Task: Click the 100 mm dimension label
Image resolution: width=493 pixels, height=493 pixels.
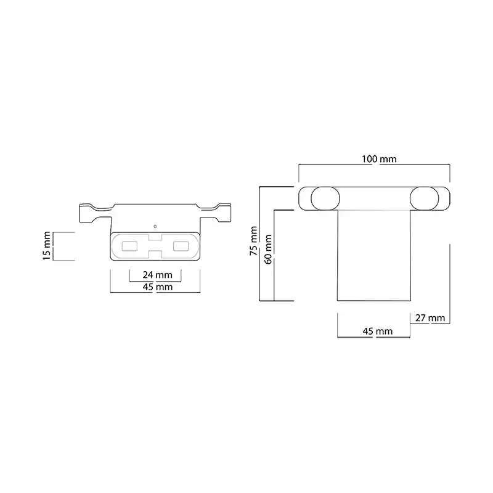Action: [x=379, y=159]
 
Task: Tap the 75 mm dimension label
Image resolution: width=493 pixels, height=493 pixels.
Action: [x=253, y=240]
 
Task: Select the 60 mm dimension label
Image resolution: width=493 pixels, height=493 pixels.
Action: [x=268, y=250]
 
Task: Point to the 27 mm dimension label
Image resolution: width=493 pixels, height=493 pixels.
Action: [x=430, y=318]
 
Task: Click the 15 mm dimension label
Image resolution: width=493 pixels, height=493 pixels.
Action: [x=47, y=246]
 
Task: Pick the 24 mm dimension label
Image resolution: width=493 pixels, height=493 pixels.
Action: [x=157, y=275]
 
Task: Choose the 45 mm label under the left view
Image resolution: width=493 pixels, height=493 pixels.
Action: [x=158, y=287]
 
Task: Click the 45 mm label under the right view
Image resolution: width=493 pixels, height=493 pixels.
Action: [x=377, y=331]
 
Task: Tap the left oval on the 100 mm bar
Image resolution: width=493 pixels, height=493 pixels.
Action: [x=325, y=198]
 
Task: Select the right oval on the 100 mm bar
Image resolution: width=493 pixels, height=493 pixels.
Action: [x=424, y=198]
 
